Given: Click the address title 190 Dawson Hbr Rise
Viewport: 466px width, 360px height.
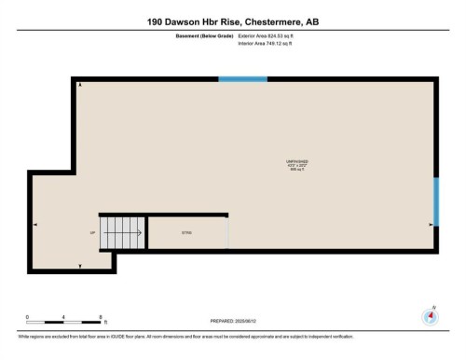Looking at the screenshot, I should (x=232, y=21).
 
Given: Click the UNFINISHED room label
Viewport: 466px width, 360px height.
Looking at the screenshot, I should (x=297, y=161).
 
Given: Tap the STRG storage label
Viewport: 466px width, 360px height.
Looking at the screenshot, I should (x=185, y=231).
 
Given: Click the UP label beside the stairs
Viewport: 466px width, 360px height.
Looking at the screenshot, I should (x=92, y=232).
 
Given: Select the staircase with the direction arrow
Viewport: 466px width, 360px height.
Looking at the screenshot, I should (x=123, y=232).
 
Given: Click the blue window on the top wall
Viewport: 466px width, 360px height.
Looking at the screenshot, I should (x=242, y=79).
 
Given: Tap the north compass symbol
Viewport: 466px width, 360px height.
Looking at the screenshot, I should (x=430, y=315).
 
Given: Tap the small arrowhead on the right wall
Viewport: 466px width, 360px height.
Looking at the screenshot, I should (x=430, y=224).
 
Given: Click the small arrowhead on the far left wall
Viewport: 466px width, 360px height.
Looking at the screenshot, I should (x=35, y=224).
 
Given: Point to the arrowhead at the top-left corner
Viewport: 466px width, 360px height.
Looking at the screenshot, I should (x=79, y=86).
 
